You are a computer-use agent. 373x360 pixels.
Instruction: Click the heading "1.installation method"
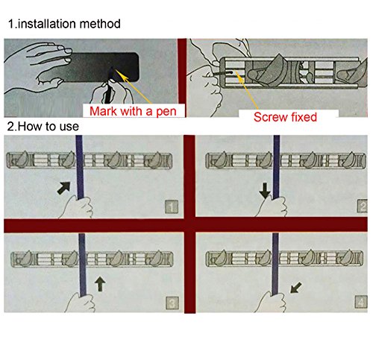64,24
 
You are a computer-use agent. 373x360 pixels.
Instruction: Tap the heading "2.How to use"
43,126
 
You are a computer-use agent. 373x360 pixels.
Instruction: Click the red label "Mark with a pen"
133,111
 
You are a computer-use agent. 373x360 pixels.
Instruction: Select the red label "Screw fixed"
285,117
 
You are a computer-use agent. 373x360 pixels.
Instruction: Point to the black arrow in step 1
63,188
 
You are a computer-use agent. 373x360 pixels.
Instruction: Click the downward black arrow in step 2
265,191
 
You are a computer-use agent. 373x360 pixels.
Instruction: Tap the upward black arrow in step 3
100,284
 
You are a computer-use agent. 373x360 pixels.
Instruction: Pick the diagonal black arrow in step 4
296,288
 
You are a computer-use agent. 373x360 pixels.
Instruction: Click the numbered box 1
172,207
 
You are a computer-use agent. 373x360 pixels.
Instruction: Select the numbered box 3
172,303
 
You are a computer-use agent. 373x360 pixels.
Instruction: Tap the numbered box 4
361,303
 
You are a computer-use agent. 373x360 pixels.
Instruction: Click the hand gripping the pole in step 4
272,302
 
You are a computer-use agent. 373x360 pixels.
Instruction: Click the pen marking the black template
108,86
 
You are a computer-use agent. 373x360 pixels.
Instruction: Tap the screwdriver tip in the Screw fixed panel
232,72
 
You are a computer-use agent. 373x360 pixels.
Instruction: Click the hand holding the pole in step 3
80,303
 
